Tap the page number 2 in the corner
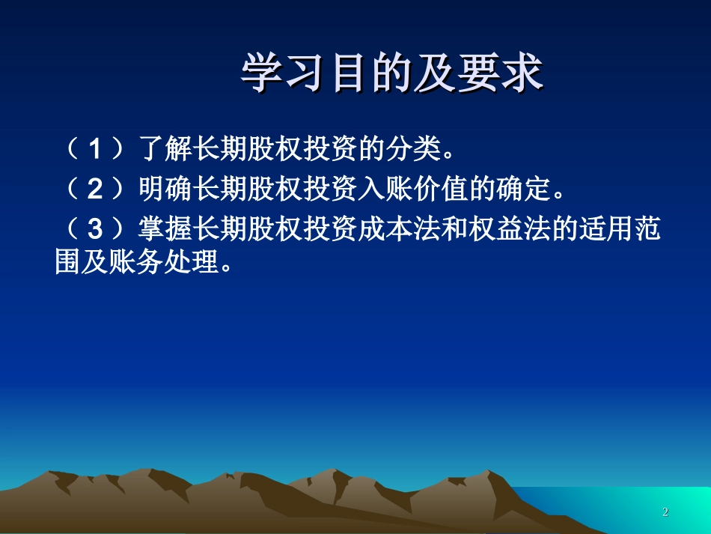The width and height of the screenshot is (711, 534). point(665,512)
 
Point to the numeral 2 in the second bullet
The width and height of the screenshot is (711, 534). point(95,190)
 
